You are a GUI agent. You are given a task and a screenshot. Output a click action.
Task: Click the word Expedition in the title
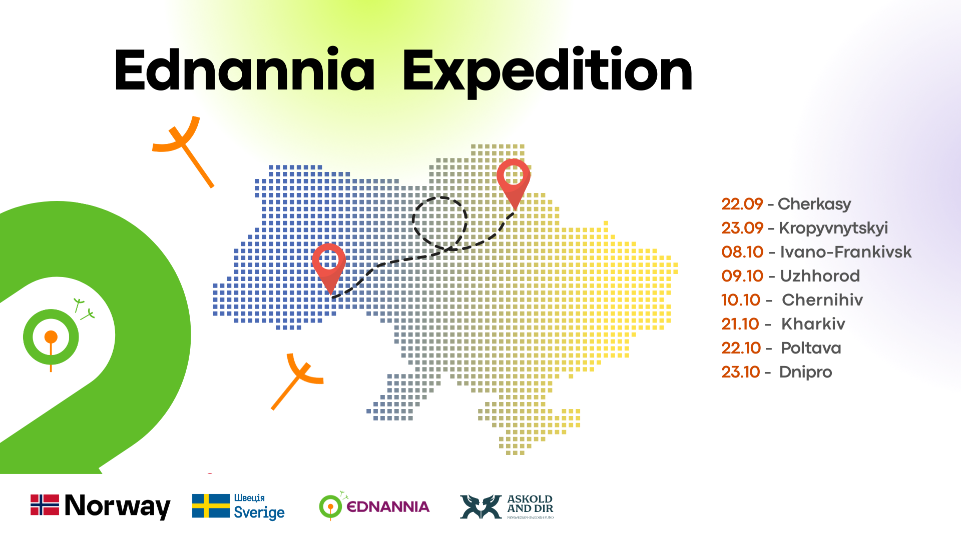point(548,72)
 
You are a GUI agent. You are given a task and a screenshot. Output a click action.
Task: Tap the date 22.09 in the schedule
point(742,204)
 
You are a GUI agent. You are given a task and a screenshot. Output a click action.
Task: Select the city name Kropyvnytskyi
point(833,228)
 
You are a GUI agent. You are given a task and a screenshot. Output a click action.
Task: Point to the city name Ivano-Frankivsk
point(846,252)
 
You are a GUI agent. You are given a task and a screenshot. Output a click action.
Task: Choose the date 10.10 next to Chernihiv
point(741,300)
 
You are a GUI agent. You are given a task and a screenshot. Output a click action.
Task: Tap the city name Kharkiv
point(813,324)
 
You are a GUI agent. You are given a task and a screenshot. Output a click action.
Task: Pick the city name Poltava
point(811,348)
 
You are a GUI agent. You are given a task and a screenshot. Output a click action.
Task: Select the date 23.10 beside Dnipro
point(741,372)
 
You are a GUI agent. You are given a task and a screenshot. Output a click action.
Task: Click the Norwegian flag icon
point(45,505)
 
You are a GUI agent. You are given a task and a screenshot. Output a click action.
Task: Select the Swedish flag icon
point(211,506)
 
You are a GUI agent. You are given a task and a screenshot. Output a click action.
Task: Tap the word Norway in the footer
point(118,506)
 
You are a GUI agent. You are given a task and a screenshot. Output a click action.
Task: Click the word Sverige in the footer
point(259,513)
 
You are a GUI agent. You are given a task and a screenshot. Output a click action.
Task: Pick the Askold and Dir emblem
point(480,507)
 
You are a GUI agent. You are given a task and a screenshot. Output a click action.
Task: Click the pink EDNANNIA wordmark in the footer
point(388,507)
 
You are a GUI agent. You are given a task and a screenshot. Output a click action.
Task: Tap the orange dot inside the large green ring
point(51,337)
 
